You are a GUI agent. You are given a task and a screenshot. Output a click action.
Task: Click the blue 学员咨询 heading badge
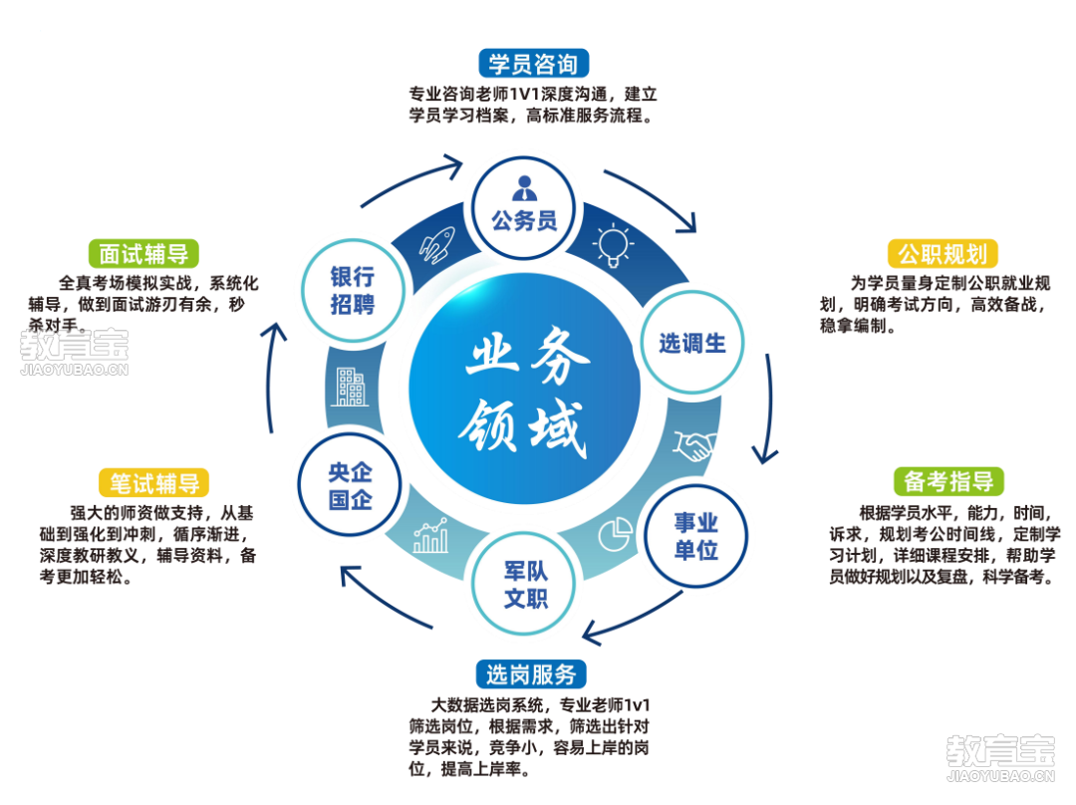click(533, 64)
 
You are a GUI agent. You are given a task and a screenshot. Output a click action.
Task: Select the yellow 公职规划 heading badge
click(942, 254)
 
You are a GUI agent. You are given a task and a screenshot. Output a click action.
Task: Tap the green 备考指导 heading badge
click(948, 482)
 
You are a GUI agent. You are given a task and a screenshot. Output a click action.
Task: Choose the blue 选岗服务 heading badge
click(531, 674)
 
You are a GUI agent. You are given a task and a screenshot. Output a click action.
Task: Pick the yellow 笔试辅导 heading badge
click(154, 483)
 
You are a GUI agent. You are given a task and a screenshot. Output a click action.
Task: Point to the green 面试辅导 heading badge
click(143, 254)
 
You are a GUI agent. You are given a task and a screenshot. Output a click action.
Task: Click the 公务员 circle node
click(524, 208)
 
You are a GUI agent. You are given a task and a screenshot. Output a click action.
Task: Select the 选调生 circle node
click(692, 342)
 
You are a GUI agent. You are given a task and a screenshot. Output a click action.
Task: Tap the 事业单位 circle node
click(695, 536)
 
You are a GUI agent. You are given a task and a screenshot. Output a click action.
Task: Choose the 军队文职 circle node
click(525, 584)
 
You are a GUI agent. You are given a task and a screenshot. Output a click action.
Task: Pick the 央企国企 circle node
click(350, 485)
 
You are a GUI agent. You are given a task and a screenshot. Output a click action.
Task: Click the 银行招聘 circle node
click(353, 290)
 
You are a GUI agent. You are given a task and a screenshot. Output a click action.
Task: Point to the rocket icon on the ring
click(436, 244)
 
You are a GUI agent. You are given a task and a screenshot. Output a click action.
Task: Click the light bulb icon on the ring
click(613, 244)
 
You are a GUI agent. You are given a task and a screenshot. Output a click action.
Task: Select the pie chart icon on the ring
click(615, 534)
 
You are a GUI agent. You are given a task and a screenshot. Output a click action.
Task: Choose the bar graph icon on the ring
click(431, 536)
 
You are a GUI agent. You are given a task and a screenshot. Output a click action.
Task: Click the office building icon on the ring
click(351, 388)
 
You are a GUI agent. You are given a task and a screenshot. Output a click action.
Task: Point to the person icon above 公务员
click(525, 188)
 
